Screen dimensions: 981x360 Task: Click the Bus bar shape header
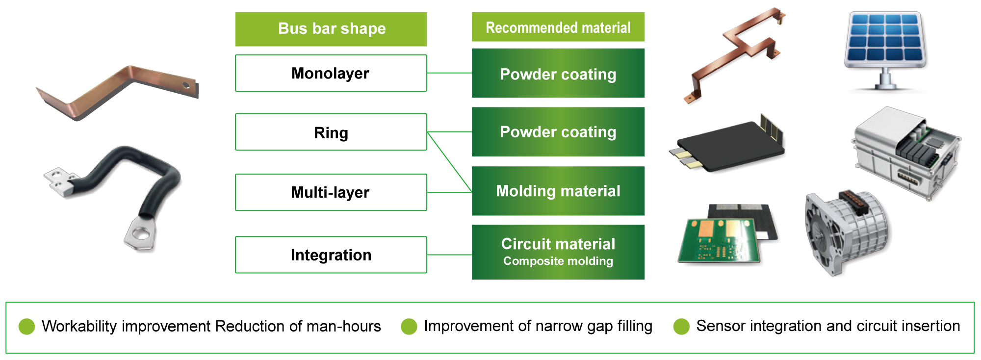point(331,29)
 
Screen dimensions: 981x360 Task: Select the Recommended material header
point(558,27)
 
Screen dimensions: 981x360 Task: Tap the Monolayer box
point(331,73)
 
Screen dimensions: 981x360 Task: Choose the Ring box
point(331,132)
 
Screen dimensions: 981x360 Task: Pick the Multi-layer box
point(331,192)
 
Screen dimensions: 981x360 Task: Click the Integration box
point(331,255)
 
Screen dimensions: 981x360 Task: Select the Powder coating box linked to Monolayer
point(558,73)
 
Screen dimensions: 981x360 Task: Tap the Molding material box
point(558,191)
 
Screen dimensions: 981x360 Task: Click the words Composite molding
point(558,261)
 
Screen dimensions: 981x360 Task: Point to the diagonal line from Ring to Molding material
point(449,162)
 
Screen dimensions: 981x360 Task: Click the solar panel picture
point(885,51)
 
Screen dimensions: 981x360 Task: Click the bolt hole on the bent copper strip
point(186,85)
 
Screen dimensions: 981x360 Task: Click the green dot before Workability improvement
point(26,326)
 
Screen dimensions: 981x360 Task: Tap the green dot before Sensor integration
point(681,326)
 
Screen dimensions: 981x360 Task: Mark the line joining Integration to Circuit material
point(449,255)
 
